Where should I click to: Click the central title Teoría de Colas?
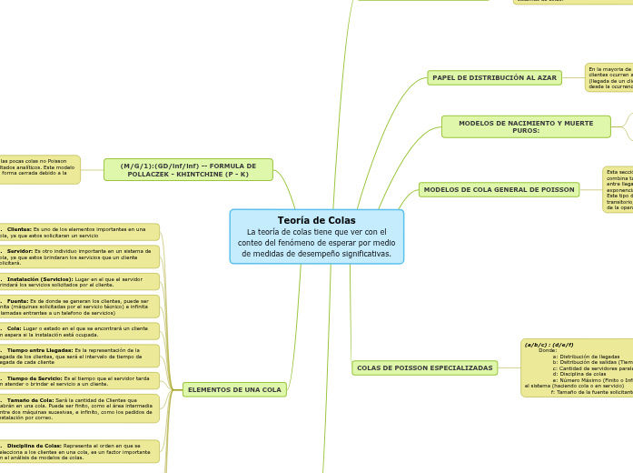pos(316,220)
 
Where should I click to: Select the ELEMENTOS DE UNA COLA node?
pos(234,389)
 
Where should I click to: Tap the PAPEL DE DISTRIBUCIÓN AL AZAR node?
pos(494,78)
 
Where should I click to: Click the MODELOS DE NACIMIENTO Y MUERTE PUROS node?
pos(526,126)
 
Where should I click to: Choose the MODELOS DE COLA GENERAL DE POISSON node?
pos(499,189)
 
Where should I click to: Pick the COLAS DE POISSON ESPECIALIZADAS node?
pos(424,368)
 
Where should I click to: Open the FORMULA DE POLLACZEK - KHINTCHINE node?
pos(188,169)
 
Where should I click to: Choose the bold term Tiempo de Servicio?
pos(35,377)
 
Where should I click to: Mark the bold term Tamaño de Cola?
pos(31,399)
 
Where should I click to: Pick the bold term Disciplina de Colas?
pos(35,446)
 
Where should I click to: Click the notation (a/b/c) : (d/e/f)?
pos(549,345)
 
